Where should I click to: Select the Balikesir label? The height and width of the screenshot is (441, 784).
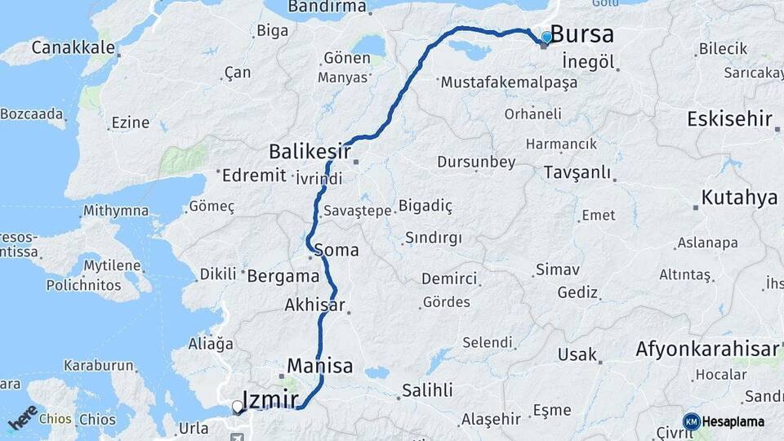[310, 151]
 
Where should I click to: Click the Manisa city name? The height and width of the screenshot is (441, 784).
[320, 366]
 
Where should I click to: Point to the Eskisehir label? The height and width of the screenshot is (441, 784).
[729, 119]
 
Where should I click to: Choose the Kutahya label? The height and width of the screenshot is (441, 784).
[739, 198]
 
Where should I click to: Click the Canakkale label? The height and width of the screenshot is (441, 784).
[73, 47]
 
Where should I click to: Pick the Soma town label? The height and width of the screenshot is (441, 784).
[336, 250]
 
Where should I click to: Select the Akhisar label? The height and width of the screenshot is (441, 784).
[314, 305]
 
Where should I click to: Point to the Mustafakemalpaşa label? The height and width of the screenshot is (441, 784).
[508, 82]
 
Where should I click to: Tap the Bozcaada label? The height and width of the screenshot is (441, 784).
[32, 114]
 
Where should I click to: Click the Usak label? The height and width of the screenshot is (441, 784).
[577, 355]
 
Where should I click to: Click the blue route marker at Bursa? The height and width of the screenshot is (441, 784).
[546, 37]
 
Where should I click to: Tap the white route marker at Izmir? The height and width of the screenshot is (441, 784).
[237, 405]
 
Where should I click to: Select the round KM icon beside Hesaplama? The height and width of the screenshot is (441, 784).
[691, 421]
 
